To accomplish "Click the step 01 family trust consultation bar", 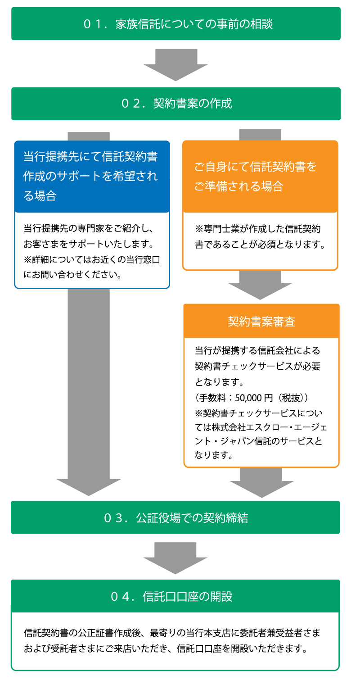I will click(175, 24).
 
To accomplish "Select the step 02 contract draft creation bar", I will click(175, 104).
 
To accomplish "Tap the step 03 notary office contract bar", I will click(175, 517).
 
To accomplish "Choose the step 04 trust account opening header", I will click(175, 596).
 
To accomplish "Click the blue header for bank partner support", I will click(92, 176).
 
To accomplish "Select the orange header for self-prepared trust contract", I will click(260, 176).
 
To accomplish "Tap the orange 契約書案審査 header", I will click(261, 322).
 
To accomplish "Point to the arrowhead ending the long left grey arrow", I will click(89, 486).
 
